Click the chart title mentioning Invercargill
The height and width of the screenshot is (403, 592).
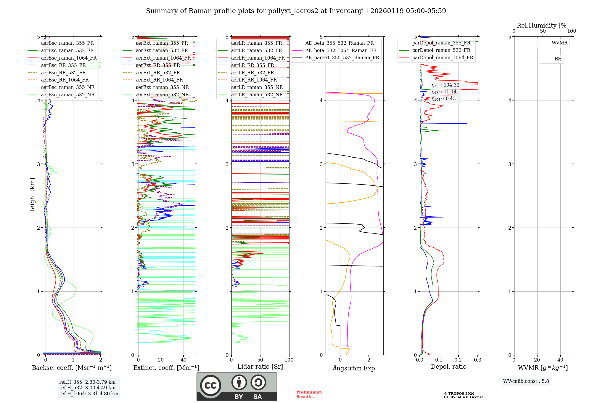click(296, 11)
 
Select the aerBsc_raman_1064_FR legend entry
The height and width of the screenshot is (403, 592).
click(69, 58)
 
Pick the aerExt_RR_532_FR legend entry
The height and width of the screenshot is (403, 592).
click(158, 73)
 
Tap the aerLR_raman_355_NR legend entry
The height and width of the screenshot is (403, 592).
click(257, 87)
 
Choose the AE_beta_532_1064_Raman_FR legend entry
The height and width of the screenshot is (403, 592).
click(341, 50)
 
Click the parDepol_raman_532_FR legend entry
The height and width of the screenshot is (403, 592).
click(441, 50)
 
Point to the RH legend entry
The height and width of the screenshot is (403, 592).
click(558, 59)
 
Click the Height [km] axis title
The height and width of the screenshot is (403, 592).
click(32, 196)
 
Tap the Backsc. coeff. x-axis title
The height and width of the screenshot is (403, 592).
click(72, 368)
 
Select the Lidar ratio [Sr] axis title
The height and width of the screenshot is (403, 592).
click(260, 367)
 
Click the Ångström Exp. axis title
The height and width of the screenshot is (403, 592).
click(354, 368)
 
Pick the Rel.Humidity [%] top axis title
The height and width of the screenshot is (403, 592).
click(543, 25)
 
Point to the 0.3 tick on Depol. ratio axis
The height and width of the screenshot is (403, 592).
click(477, 360)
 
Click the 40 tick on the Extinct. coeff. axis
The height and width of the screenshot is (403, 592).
click(184, 360)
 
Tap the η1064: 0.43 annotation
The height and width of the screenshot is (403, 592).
click(443, 99)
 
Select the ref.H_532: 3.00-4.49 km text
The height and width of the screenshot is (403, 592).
click(87, 388)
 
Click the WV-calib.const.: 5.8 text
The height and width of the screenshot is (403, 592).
click(526, 381)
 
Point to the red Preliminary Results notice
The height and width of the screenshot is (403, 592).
click(309, 394)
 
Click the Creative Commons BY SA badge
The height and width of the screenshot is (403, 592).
click(237, 386)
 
